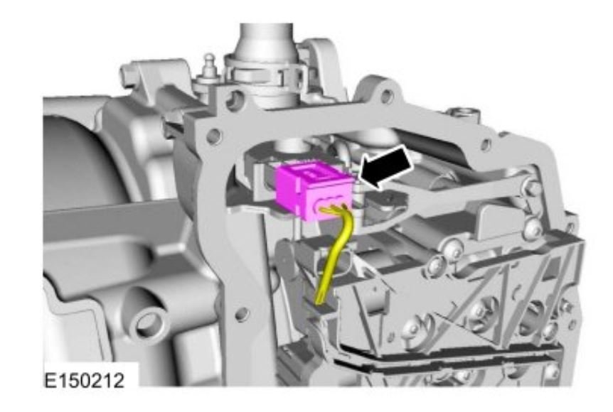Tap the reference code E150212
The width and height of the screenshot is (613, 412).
point(85,380)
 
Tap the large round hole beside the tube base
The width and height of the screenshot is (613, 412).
point(234,100)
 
